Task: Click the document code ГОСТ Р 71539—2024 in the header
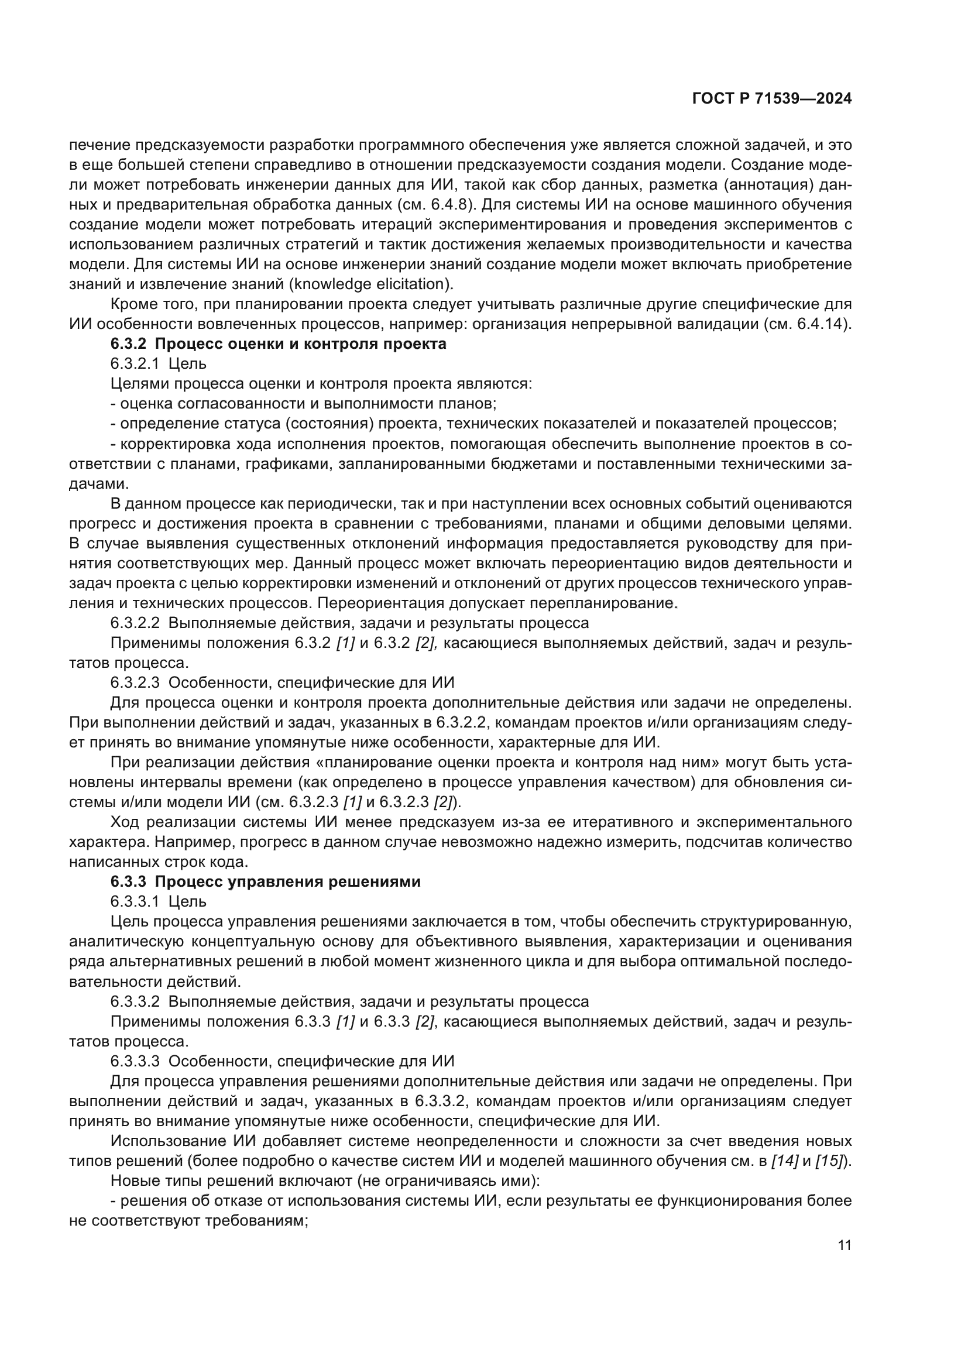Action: point(772,99)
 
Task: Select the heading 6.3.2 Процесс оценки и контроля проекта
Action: point(279,344)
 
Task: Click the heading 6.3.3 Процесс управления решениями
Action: point(265,881)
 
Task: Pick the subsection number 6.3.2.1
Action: point(135,363)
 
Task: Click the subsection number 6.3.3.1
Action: point(135,901)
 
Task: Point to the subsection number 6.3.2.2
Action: point(135,623)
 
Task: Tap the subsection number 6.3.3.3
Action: point(135,1061)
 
